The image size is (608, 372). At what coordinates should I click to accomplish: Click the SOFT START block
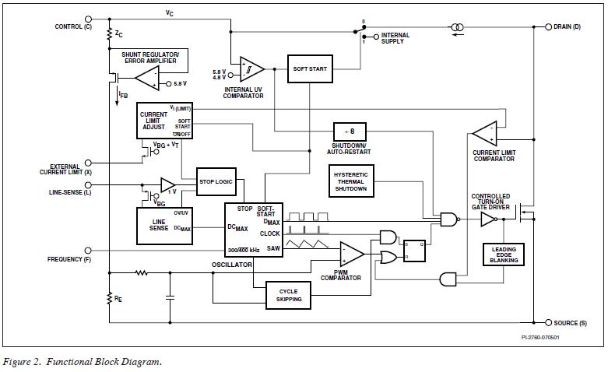(310, 68)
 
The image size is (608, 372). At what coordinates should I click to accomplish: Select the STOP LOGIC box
(216, 181)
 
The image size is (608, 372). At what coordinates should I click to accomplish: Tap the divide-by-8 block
(349, 132)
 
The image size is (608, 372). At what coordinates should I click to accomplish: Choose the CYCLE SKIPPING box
(288, 295)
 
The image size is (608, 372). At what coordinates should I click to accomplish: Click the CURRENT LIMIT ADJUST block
(163, 121)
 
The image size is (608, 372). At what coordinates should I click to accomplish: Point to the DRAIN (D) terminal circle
(548, 26)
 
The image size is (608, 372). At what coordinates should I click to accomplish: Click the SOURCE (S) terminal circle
(548, 322)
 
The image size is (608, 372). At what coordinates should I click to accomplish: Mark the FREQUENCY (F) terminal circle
(98, 259)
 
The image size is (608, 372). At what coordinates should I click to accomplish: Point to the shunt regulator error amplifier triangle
(146, 76)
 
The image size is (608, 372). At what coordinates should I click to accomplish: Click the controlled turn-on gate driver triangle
(487, 220)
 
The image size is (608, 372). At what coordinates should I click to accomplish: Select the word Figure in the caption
(17, 362)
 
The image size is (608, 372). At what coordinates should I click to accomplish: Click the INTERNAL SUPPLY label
(396, 38)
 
